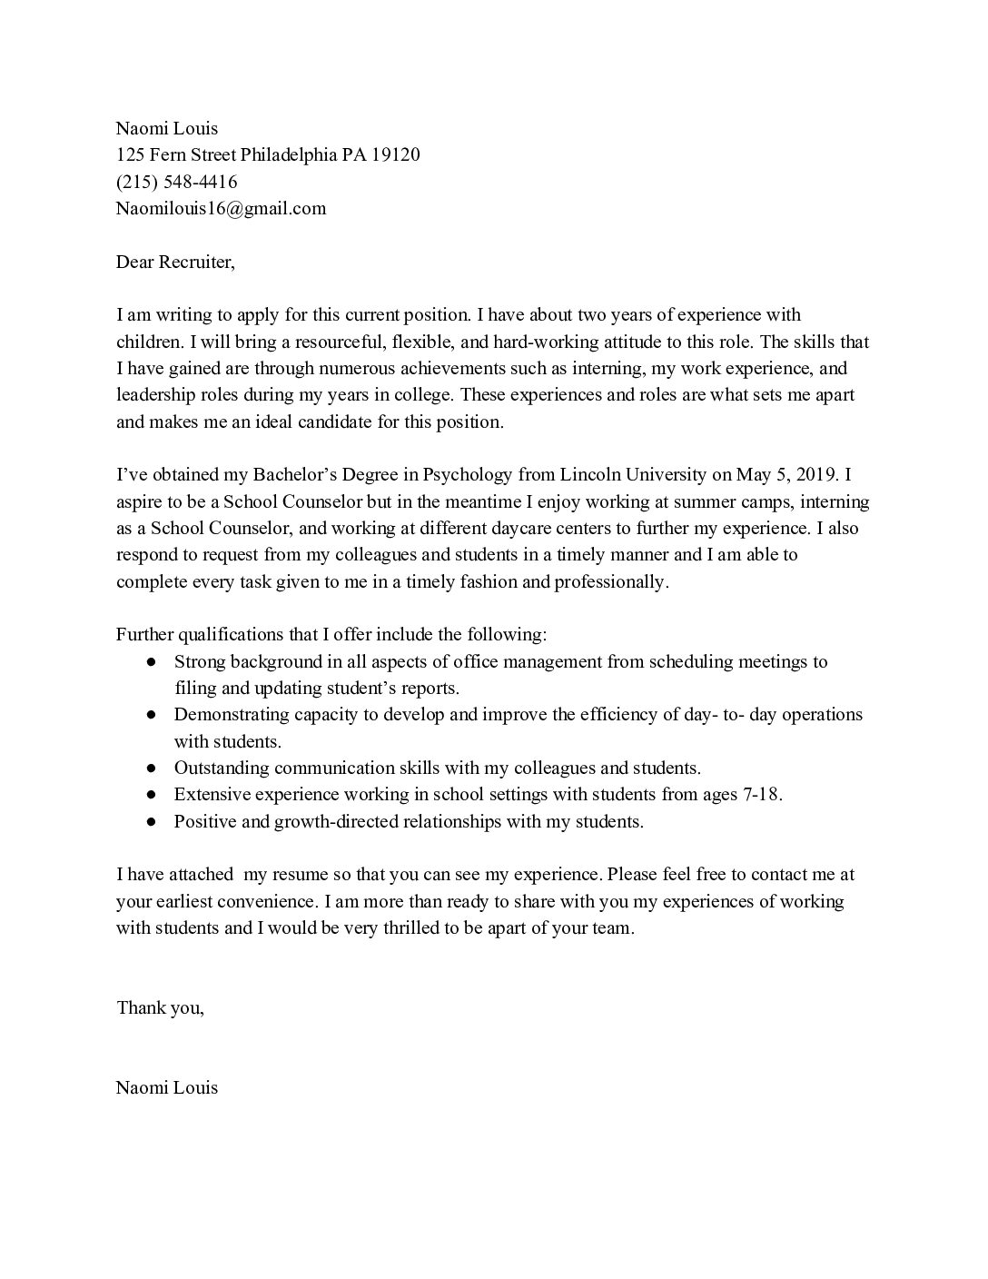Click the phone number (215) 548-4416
coord(176,182)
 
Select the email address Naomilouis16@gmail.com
coord(221,208)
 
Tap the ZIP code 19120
coord(395,154)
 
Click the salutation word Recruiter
coord(196,262)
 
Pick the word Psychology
coord(469,474)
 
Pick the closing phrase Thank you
coord(160,1007)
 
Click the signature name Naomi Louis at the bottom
coord(167,1087)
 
